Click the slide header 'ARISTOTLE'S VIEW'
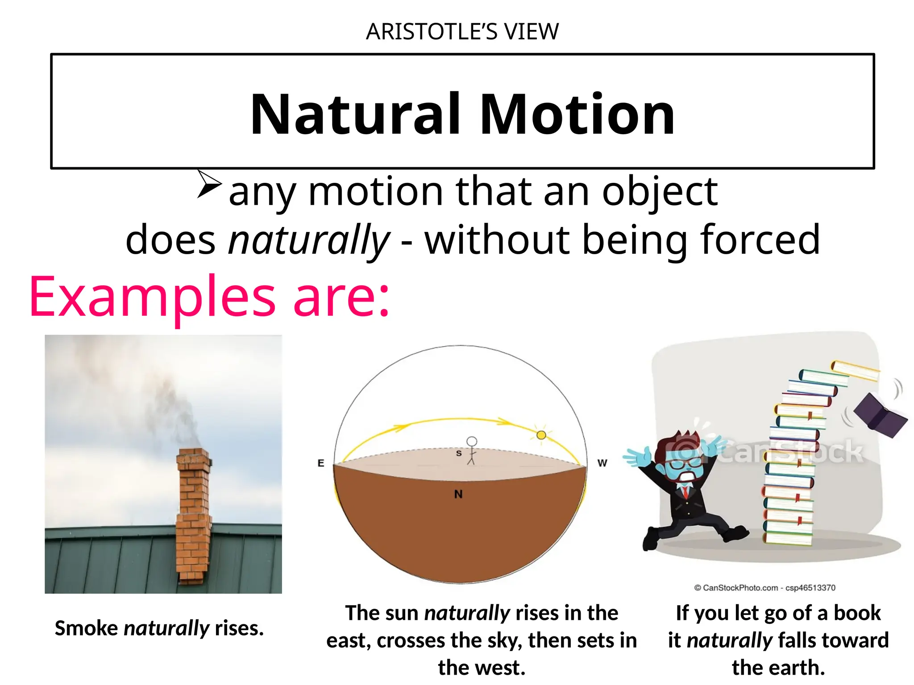pos(462,32)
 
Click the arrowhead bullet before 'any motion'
pos(209,183)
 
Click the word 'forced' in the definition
pos(760,240)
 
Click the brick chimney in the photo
pos(194,513)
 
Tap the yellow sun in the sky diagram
pos(541,435)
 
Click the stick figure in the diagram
pos(471,450)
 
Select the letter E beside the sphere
pos(320,463)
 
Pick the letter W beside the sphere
pos(602,463)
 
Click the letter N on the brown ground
pos(458,494)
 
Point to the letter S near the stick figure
pos(458,454)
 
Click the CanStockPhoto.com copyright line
pos(764,588)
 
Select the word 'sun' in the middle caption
pos(403,613)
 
